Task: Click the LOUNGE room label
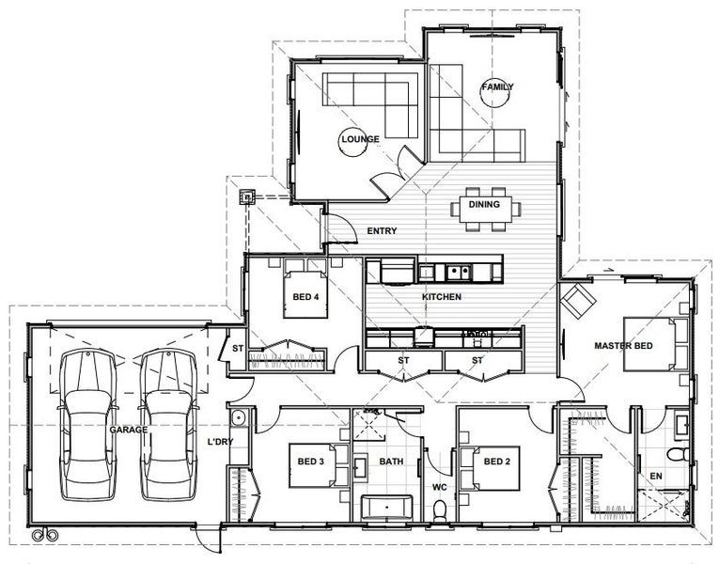point(360,139)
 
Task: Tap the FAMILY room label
point(497,86)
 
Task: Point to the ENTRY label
point(382,231)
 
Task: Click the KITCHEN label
point(441,297)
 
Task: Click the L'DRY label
point(221,441)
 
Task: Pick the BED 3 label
point(310,461)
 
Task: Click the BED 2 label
point(496,462)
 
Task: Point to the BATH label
point(391,462)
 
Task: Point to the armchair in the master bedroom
point(578,302)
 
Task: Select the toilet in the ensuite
point(672,455)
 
